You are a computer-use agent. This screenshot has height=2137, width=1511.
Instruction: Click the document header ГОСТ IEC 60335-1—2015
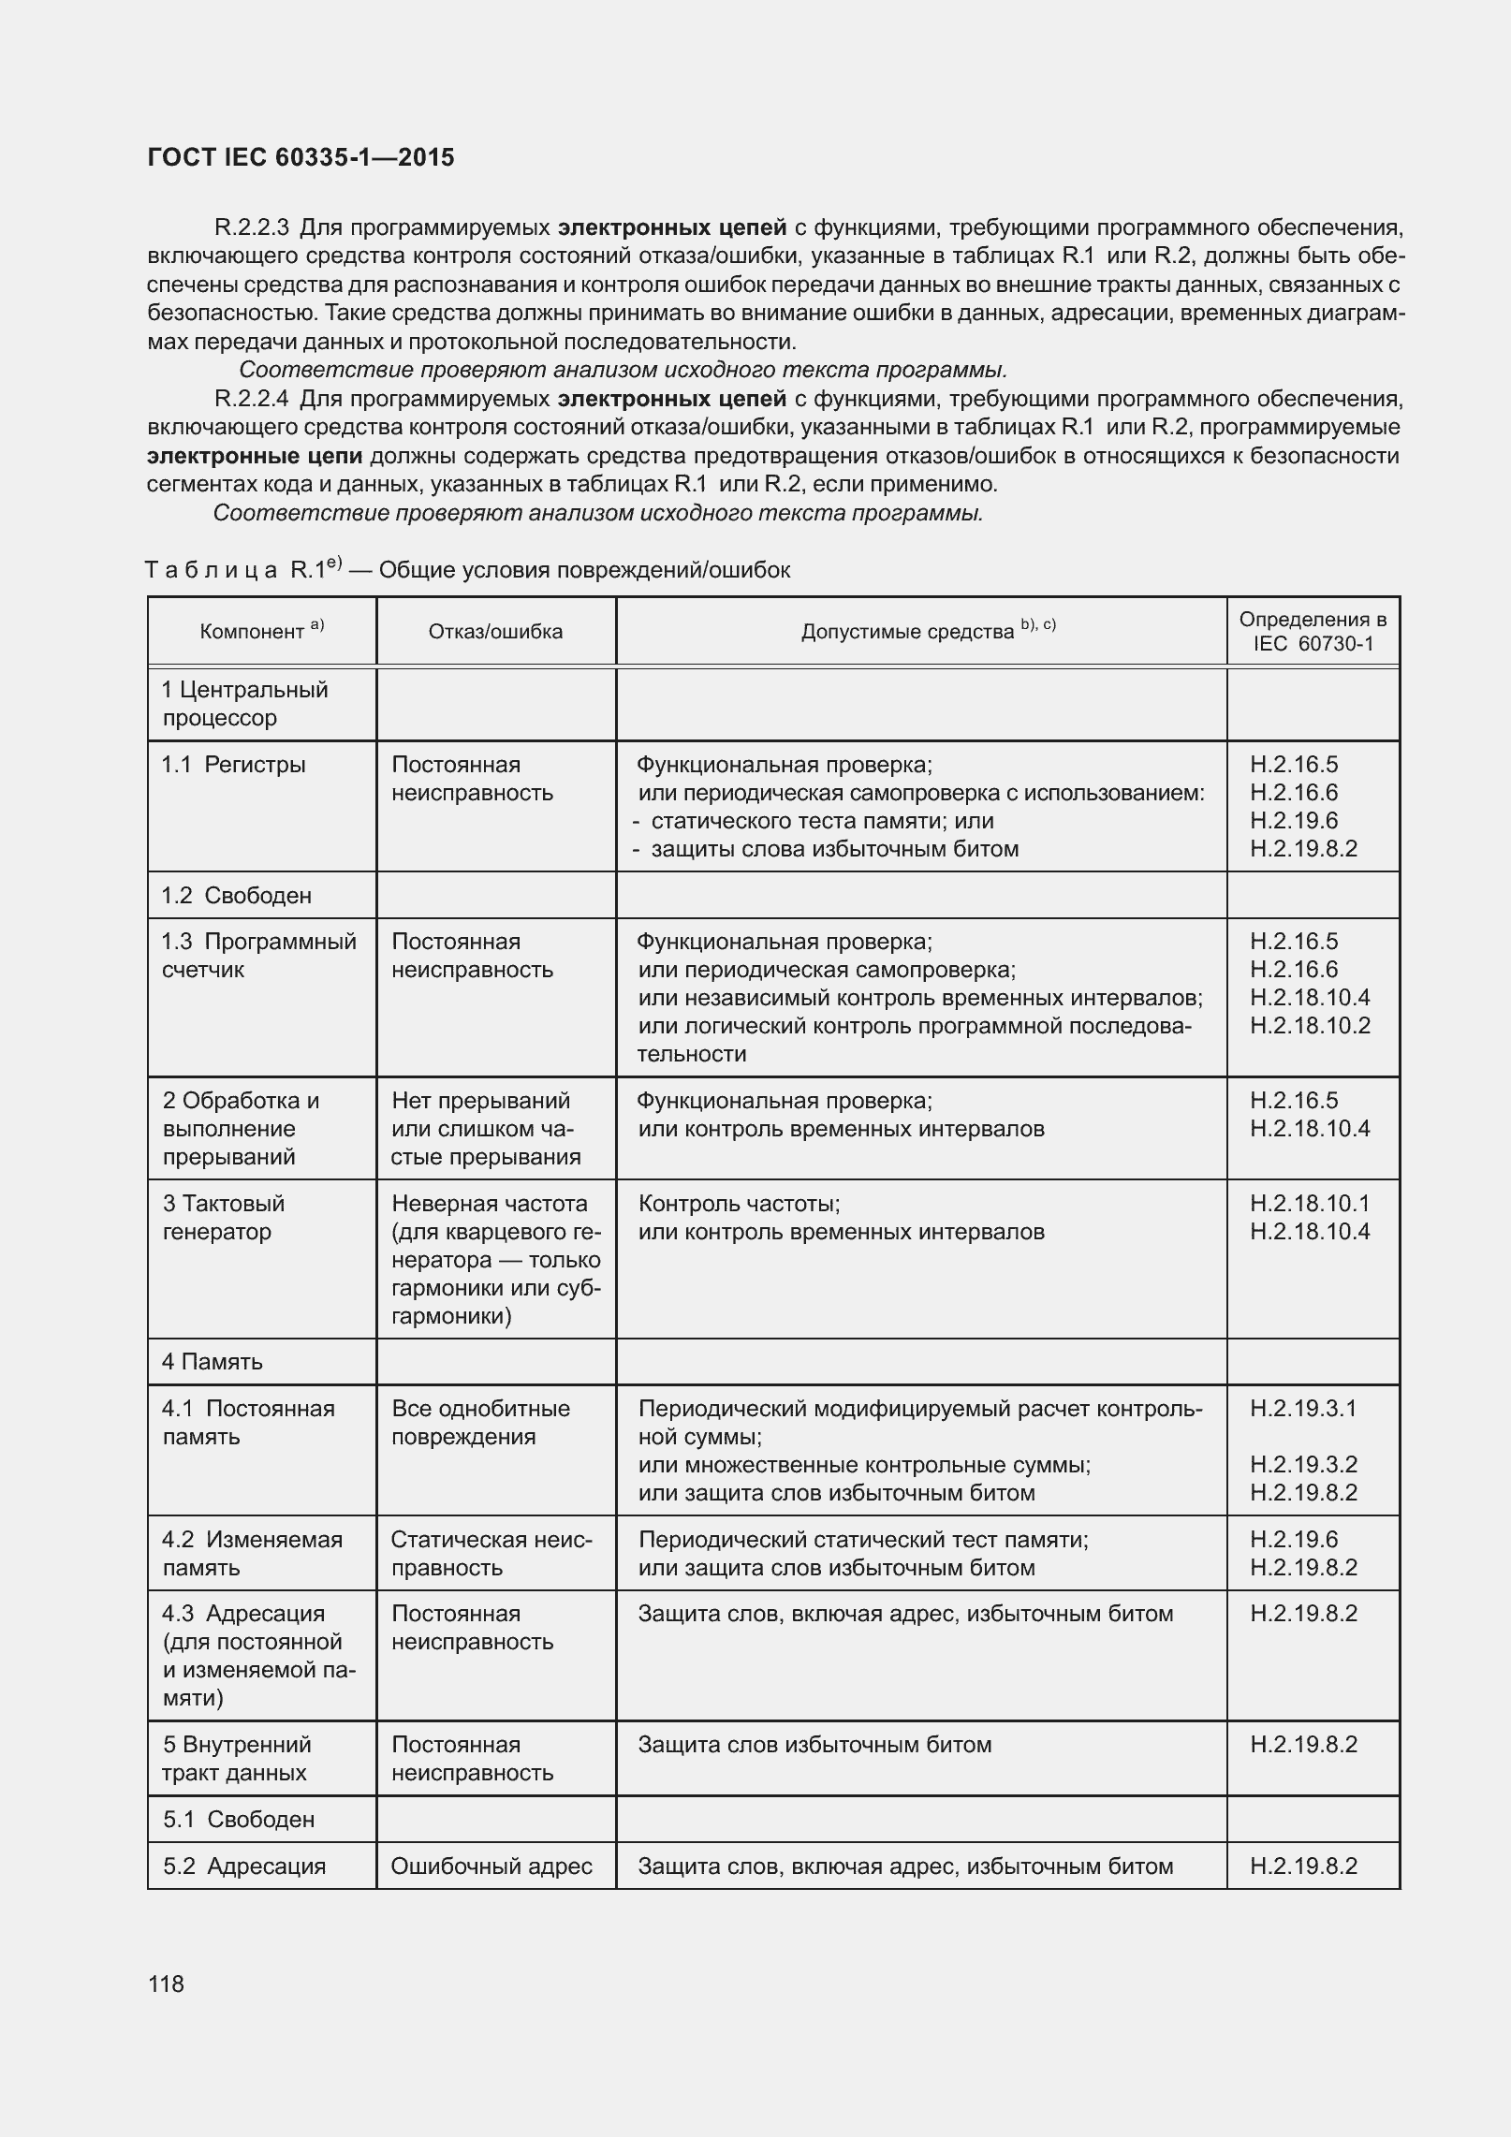tap(301, 157)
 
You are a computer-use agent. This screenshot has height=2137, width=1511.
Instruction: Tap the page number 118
tap(166, 1983)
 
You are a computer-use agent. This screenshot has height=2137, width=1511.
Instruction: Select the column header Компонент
tap(261, 631)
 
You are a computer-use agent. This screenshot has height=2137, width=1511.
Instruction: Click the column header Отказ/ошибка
tap(495, 631)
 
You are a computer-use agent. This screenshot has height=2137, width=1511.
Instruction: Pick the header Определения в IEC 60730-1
tap(1313, 631)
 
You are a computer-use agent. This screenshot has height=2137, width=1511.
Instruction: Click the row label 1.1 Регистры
tap(233, 765)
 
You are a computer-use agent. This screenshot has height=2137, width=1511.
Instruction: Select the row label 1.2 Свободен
tap(236, 895)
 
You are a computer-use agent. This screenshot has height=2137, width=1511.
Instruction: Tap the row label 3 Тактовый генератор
tap(224, 1217)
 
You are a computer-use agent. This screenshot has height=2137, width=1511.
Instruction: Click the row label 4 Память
tap(213, 1361)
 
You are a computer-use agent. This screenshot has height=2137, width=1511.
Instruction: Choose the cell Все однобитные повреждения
tap(480, 1422)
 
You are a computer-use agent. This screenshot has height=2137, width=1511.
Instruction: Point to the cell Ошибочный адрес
tap(491, 1866)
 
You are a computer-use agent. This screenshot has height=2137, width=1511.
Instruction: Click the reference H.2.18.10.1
tap(1310, 1203)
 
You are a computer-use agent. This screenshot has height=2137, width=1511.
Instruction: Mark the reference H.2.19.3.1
tap(1303, 1408)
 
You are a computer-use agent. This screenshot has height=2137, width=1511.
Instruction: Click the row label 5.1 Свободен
tap(239, 1819)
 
